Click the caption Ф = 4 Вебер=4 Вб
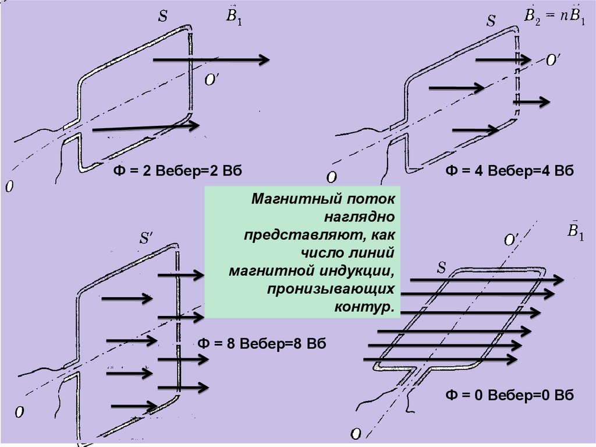pos(510,171)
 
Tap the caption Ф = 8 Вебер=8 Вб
pos(262,343)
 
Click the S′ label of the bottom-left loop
pos(146,239)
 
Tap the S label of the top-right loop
pos(491,22)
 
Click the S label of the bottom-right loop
pos(442,268)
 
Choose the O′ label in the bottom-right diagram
pos(512,240)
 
